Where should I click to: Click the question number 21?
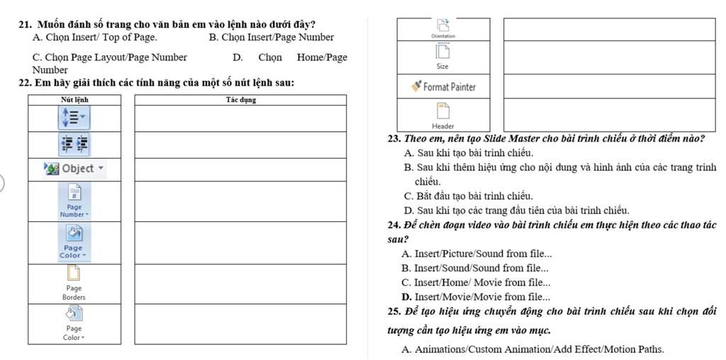point(27,25)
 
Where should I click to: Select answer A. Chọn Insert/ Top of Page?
point(95,37)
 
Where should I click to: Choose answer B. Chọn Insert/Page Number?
point(272,37)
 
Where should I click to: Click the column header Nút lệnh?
point(74,100)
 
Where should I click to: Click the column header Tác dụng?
point(240,100)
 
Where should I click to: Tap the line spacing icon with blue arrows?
point(74,116)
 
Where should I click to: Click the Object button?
point(74,168)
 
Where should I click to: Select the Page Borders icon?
point(74,283)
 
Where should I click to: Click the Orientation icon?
point(443,28)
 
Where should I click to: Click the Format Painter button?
point(443,87)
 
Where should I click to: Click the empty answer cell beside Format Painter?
point(609,86)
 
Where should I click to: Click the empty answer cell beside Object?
point(240,169)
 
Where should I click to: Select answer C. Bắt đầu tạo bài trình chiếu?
point(468,196)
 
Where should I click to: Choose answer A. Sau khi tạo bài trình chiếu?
point(468,152)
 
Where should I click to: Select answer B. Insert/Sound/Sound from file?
point(474,268)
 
